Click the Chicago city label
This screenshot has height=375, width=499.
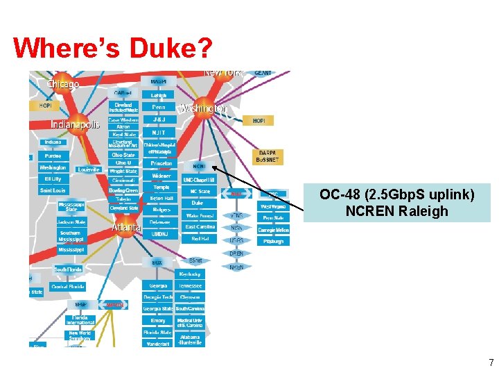coord(62,84)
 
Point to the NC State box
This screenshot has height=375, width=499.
coord(200,191)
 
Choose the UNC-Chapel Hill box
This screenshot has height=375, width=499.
coord(200,180)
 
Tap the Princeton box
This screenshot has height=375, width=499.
coord(161,163)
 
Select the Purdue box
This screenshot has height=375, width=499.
coord(53,156)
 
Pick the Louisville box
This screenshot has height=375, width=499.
coord(89,169)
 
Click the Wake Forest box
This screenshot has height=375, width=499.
coord(200,215)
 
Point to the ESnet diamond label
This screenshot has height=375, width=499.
coord(196,260)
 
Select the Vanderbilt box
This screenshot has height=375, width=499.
coord(157,343)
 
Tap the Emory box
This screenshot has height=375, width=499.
coord(157,320)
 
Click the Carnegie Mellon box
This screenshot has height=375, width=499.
coord(273,229)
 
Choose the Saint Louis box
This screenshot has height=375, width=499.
coord(53,190)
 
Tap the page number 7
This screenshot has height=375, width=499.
coord(491,362)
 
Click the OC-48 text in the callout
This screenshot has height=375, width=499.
coord(339,194)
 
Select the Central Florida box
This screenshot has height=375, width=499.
coord(68,286)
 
